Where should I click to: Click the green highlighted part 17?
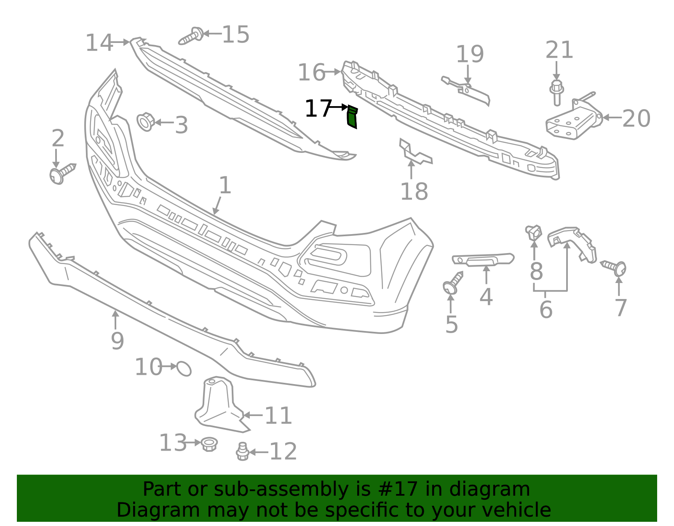(352, 117)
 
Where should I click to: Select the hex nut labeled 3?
(145, 122)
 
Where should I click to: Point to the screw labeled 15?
(191, 36)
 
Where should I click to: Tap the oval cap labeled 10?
(184, 368)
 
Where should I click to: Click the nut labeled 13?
(209, 444)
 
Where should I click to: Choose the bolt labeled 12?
(242, 451)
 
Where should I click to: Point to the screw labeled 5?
(452, 284)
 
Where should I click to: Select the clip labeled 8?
(534, 232)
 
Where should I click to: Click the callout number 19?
(470, 54)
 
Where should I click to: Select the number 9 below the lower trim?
(117, 341)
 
